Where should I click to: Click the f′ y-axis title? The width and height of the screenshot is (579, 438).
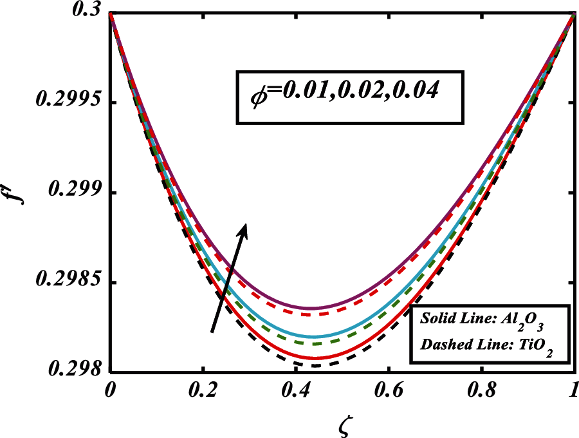click(17, 193)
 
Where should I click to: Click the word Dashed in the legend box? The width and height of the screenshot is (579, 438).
click(442, 345)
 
